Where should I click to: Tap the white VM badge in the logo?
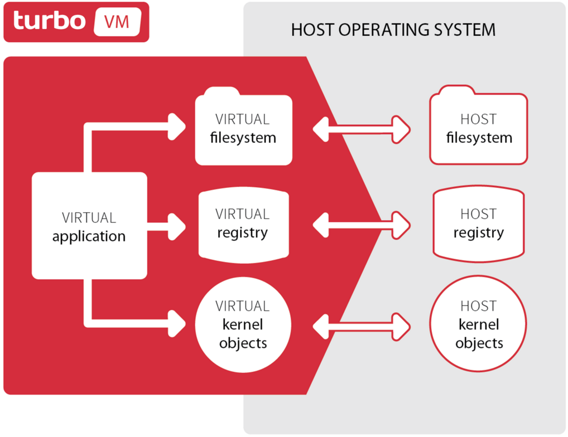117,22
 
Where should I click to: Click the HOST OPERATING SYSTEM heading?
393,30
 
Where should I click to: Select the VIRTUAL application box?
89,225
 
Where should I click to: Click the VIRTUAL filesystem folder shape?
243,127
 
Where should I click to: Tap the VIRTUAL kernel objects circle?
243,324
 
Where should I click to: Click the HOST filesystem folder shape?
479,125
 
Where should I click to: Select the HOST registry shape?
479,224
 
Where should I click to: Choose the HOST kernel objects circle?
478,323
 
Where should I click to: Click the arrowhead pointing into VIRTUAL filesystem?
177,127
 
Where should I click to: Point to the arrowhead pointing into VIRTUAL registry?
177,227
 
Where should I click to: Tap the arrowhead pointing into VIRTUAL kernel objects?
177,324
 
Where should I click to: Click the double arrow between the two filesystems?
362,129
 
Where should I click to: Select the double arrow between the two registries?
362,225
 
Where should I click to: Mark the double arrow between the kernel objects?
362,327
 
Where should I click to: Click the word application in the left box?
89,237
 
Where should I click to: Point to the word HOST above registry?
479,214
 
